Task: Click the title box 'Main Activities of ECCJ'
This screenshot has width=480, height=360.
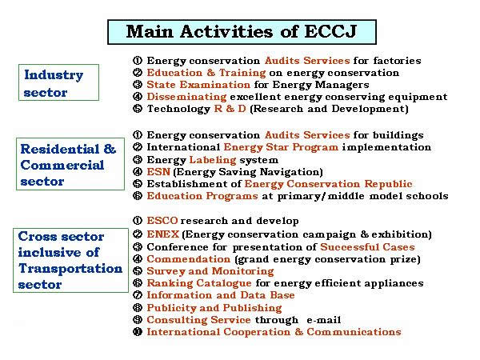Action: (x=242, y=32)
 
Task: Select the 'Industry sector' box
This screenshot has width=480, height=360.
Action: (x=58, y=82)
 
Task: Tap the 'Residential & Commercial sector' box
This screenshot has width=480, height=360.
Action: (x=70, y=164)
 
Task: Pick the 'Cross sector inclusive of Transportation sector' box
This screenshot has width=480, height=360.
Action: (x=70, y=260)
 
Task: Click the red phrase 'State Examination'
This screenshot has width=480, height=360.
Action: (x=198, y=85)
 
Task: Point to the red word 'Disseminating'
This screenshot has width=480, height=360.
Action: (x=186, y=97)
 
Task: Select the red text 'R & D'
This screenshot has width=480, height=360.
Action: (x=230, y=109)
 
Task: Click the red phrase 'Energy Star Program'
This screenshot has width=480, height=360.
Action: (x=281, y=147)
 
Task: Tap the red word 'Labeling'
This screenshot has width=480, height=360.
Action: (x=213, y=160)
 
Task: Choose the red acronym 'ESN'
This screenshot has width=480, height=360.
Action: (x=158, y=172)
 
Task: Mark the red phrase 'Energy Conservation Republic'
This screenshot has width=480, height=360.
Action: (x=329, y=184)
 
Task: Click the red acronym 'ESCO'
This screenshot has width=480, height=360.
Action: (x=162, y=221)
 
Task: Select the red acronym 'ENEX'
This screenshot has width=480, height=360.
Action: (x=163, y=234)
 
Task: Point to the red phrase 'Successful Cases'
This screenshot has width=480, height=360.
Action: (x=367, y=247)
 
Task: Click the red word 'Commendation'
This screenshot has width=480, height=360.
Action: (x=188, y=259)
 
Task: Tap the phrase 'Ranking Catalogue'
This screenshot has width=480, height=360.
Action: (x=199, y=283)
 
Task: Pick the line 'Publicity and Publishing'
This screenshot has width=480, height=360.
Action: (x=214, y=308)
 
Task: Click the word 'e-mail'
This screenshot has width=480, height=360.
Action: (x=323, y=320)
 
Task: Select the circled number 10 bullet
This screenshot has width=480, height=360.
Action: (x=138, y=332)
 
